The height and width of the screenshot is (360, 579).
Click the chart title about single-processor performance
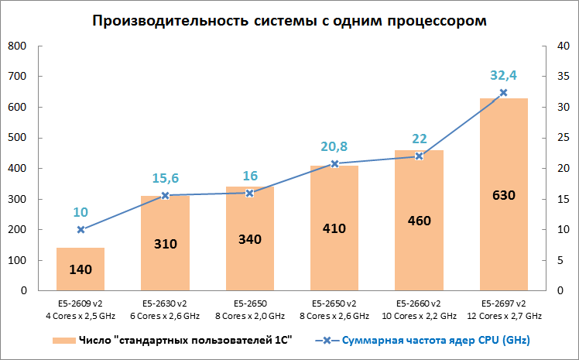(289, 20)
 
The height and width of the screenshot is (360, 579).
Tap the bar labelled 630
(503, 194)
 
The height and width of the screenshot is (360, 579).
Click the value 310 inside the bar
(165, 244)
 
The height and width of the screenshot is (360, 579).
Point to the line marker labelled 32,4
(503, 93)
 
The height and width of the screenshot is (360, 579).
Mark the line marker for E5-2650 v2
(334, 164)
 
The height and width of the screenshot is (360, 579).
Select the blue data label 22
(419, 138)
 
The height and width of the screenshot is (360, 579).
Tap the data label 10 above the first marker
(81, 212)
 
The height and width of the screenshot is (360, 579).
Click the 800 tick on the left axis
(17, 46)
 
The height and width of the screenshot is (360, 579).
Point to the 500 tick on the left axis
(17, 138)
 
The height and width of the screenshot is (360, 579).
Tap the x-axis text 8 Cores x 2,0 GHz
(249, 316)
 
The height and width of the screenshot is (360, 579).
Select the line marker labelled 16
(249, 193)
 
